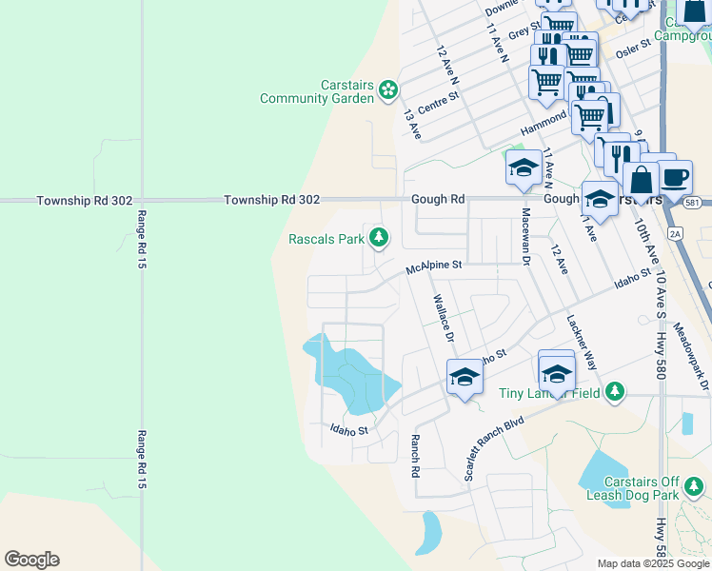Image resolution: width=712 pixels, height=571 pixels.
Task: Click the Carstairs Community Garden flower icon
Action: pos(387,90)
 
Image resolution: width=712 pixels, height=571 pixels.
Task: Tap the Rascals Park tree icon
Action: pos(379,237)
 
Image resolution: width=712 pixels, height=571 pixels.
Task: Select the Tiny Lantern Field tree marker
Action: pos(615,391)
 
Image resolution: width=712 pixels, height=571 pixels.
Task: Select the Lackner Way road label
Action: pos(582,343)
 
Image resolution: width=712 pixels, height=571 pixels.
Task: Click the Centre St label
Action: pos(439,102)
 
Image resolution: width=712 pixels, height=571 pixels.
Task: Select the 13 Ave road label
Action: pos(412,125)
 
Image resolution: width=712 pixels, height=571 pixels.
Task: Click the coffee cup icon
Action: pos(675,177)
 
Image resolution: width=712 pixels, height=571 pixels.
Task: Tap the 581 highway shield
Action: pos(693,202)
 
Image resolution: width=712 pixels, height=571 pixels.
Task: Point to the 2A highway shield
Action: pos(675,231)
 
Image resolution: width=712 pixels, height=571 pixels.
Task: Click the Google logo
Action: pos(31,560)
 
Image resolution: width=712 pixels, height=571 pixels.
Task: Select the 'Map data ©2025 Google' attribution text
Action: pos(652,563)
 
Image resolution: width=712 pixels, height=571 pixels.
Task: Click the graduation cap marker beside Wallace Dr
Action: pos(464,378)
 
